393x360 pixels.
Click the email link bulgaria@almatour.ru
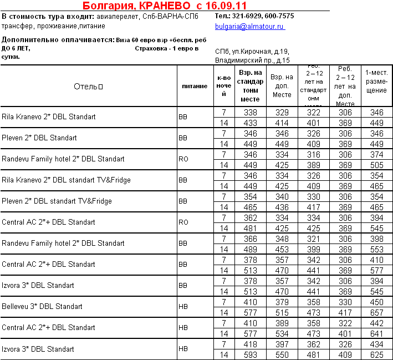tap(250, 27)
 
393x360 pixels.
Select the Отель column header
tap(89, 86)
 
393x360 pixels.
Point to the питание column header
tap(195, 87)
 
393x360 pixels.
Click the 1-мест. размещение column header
tap(376, 82)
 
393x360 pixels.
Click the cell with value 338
tap(251, 113)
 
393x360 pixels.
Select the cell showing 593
tap(251, 354)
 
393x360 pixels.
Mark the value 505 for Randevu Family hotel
tap(377, 165)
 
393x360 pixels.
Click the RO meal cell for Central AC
tap(184, 222)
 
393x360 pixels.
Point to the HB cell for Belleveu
tap(183, 306)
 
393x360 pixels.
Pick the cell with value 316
tap(314, 155)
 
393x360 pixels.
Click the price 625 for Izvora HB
tap(377, 354)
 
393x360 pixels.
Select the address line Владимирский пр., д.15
tap(252, 60)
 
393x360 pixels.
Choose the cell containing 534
tap(282, 333)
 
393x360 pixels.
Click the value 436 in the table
tap(282, 207)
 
